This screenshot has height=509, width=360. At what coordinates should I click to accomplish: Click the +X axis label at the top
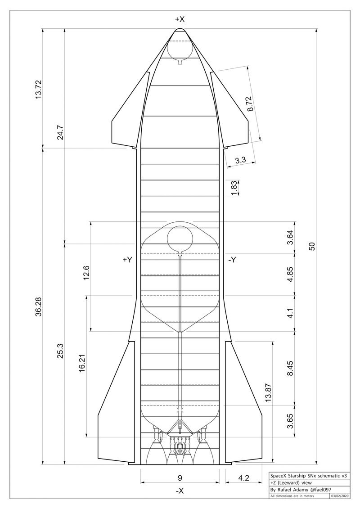(180, 19)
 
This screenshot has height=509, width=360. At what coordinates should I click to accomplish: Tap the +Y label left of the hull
(127, 260)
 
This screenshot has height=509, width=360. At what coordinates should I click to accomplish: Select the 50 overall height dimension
(311, 246)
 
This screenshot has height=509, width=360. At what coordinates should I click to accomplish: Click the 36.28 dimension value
(38, 307)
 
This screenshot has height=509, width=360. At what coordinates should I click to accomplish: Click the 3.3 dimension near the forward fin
(240, 159)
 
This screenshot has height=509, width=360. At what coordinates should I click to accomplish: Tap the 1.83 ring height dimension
(234, 188)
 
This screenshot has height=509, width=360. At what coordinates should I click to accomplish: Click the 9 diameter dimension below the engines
(180, 477)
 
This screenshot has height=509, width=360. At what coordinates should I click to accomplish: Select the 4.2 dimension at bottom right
(243, 477)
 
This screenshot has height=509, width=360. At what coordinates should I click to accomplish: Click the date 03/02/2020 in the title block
(339, 496)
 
